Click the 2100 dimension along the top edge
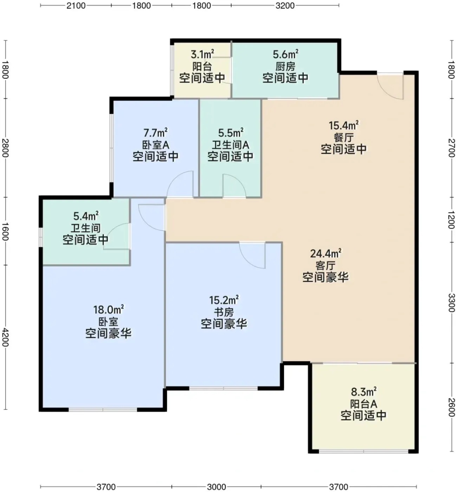point(76,6)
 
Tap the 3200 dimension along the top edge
point(285,6)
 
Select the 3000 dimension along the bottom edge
point(216,487)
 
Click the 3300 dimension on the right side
point(451,303)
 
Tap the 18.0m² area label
point(108,309)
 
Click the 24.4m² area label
point(326,253)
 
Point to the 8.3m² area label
point(363,391)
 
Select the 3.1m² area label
point(202,54)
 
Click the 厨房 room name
point(285,66)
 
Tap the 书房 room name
point(224,312)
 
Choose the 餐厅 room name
point(344,137)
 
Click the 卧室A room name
point(156,145)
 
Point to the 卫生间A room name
point(231,145)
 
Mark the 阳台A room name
point(363,404)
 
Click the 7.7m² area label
point(156,133)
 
